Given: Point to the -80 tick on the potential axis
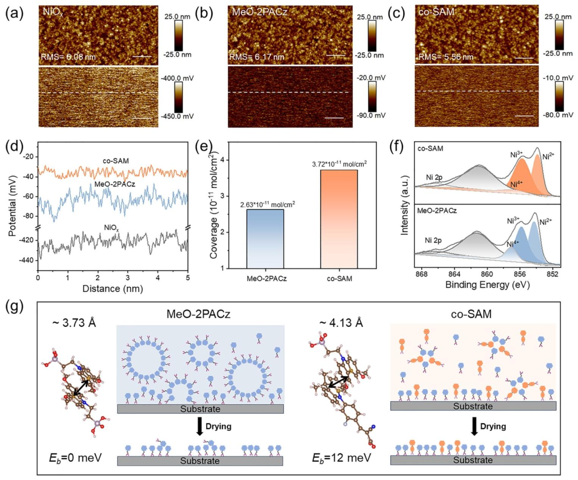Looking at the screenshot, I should point(28,216).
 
